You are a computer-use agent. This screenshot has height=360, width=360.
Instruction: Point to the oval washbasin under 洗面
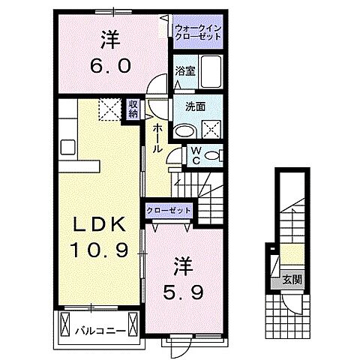185,129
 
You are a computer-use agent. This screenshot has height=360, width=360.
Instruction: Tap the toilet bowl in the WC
212,156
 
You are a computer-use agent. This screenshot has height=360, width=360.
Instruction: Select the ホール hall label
158,139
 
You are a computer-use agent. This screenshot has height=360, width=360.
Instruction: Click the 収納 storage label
133,110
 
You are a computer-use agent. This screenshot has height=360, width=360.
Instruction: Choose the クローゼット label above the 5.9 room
168,211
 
